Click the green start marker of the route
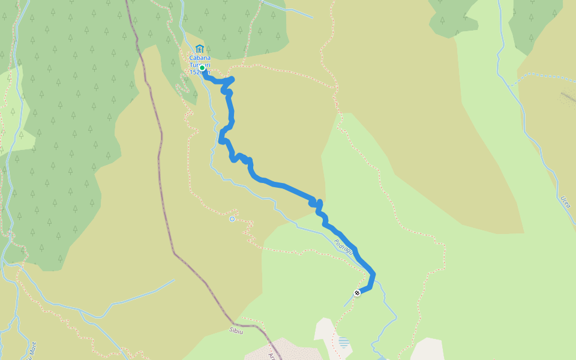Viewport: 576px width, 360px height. [203, 68]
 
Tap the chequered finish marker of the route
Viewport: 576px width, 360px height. [357, 293]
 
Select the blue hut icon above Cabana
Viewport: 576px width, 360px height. [199, 49]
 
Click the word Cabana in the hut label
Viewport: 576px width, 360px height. [199, 58]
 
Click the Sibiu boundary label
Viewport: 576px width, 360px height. [236, 331]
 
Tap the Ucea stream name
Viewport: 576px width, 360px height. [565, 202]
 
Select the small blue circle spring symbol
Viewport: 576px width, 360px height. [232, 219]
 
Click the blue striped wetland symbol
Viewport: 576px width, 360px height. [343, 342]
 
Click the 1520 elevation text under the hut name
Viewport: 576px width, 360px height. [196, 72]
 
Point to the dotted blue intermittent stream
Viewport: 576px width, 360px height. [540, 77]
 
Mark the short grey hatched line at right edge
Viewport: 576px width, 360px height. [567, 96]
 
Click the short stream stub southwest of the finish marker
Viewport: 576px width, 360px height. [348, 302]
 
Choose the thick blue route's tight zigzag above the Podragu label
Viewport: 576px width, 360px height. [317, 205]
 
